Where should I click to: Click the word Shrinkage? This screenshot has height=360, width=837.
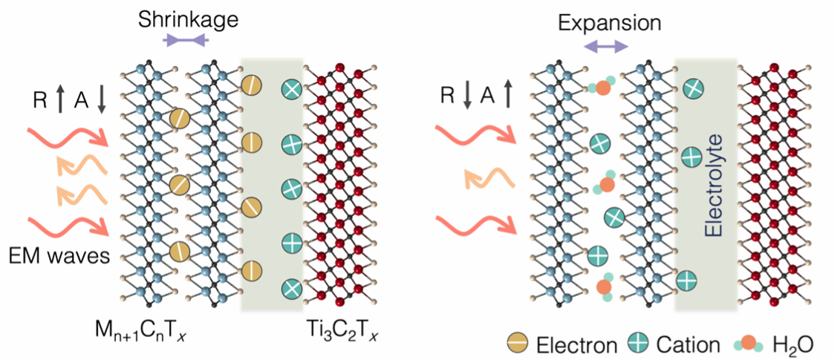[187, 20]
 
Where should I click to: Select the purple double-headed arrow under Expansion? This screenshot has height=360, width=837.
[606, 47]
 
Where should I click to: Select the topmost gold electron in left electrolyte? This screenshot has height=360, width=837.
[251, 85]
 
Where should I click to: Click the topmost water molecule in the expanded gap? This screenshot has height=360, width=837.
[602, 88]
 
